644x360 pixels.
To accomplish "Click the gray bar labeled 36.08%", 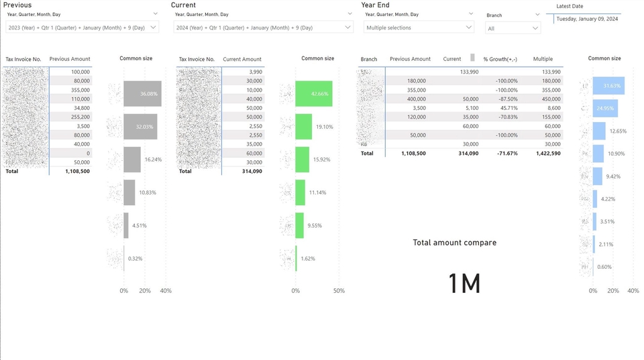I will point(142,94).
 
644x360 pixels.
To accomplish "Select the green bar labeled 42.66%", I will point(313,94).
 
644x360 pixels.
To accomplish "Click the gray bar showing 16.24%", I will point(132,160).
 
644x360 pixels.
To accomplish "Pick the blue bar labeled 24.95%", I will point(605,108).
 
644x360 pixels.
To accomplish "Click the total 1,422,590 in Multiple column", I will point(543,154).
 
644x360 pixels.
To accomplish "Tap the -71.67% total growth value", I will point(504,154).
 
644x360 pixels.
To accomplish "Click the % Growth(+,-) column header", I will point(500,59).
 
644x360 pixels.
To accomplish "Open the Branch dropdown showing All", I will point(513,28).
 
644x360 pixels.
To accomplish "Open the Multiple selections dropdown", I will point(419,27).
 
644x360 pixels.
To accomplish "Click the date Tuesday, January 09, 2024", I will point(587,19).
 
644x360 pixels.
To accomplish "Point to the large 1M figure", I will point(464,284).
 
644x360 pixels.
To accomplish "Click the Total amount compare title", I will point(454,243).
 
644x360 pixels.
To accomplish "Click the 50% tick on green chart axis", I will point(339,291).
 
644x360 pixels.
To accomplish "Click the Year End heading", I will point(375,5).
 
